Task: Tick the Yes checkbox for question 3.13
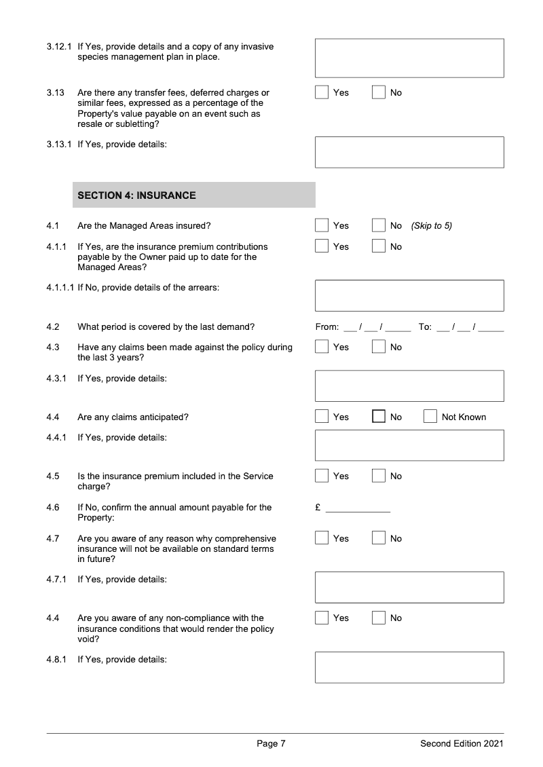tap(322, 92)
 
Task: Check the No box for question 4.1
tap(379, 225)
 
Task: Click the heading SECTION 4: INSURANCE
tap(137, 195)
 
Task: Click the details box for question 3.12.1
tap(409, 58)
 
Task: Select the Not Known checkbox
tap(430, 417)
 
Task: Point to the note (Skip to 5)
tap(431, 225)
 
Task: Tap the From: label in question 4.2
tap(327, 326)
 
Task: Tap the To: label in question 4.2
tap(425, 326)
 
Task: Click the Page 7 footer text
tap(271, 744)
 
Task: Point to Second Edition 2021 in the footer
tap(462, 744)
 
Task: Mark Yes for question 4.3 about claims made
tap(322, 347)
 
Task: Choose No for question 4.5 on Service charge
tap(379, 476)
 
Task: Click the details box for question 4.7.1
tap(409, 587)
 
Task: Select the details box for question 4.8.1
tap(409, 667)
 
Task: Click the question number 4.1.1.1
tap(60, 287)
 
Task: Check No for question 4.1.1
tap(379, 246)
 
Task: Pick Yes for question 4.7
tap(322, 538)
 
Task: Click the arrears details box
tap(409, 295)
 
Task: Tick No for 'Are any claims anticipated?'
tap(379, 417)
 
